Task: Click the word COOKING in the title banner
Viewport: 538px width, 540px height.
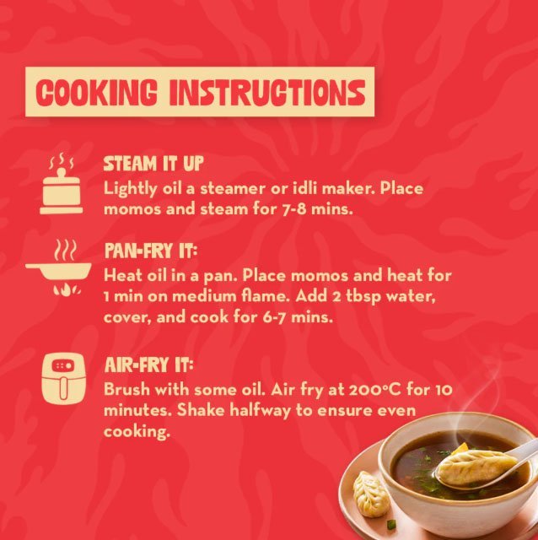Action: point(96,92)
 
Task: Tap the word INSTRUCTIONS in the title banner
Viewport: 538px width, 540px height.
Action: point(267,92)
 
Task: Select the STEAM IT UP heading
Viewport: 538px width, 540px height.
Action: point(153,163)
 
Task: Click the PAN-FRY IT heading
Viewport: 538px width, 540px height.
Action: point(151,251)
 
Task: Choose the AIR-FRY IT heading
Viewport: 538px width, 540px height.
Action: point(149,365)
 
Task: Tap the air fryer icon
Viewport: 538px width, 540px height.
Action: point(63,378)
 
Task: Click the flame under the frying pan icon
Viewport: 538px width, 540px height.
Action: point(67,289)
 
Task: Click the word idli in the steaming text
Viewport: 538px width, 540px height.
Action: point(304,188)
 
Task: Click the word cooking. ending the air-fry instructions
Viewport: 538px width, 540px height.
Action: point(137,432)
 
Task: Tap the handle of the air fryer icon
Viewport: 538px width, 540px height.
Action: point(63,388)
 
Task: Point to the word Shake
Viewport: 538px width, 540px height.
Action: point(201,411)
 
